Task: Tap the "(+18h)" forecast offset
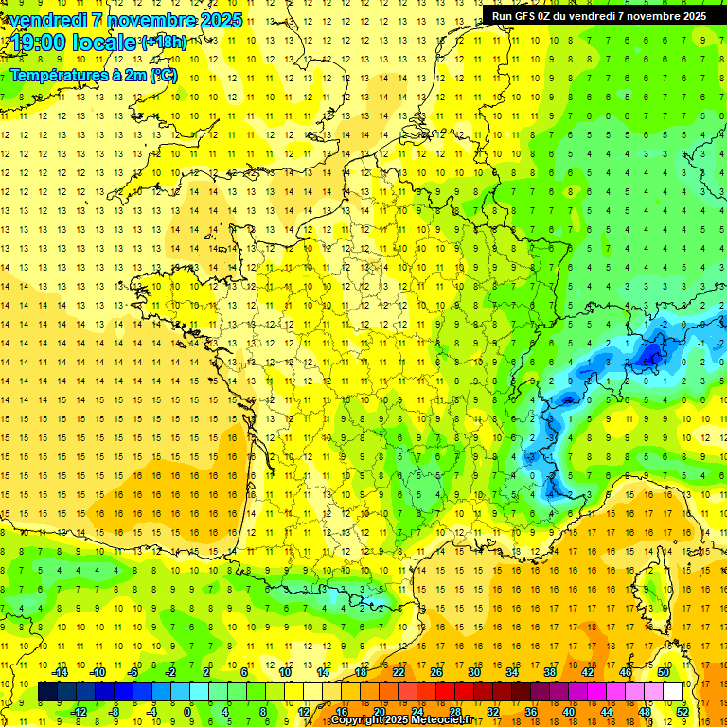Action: (163, 42)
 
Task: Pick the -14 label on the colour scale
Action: (60, 672)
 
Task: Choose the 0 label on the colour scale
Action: (187, 712)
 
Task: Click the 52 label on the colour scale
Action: (682, 712)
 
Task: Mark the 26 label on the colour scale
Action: (436, 672)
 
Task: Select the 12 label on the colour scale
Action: (304, 712)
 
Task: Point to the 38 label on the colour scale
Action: (550, 672)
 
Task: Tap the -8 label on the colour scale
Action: (115, 712)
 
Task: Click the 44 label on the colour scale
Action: (607, 712)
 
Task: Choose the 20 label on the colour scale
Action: (380, 712)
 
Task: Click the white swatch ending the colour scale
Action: (673, 692)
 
